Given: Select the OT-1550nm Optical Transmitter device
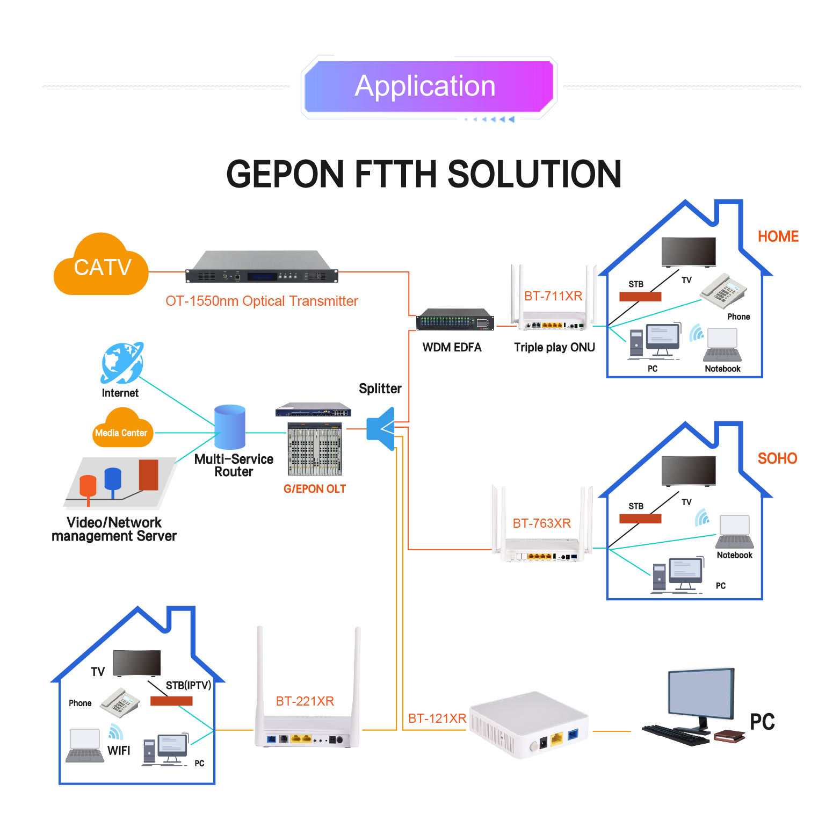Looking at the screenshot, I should point(262,268).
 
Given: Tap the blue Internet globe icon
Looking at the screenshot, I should point(122,363).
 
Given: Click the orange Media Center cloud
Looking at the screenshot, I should point(122,429).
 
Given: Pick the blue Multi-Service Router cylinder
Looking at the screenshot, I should point(230,427).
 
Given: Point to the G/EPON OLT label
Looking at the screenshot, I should point(315,489).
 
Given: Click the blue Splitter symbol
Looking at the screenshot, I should point(381,428).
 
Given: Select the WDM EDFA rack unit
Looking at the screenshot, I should point(455,320).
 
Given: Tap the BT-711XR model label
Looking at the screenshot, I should point(553,296).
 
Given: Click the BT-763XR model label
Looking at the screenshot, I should point(541,523).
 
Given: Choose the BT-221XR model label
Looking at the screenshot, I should point(305,701).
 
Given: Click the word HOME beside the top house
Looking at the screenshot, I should point(778,236).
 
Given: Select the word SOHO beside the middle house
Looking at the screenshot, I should point(777,458).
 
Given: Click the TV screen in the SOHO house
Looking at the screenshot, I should point(689,471).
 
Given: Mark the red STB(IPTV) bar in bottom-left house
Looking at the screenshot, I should point(171,701).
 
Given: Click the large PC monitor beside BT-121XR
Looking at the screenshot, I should point(701,694).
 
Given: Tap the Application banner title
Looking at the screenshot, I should point(425,86).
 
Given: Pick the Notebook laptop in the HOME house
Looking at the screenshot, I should point(722,344).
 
